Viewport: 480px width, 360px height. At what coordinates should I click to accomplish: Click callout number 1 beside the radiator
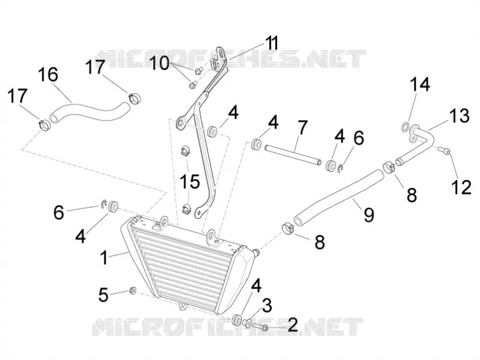104,258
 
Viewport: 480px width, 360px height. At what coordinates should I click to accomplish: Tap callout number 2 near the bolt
292,325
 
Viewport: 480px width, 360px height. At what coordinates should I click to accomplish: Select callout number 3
267,305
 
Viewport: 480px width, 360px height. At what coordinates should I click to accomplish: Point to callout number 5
103,295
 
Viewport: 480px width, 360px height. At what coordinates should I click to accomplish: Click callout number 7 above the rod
302,128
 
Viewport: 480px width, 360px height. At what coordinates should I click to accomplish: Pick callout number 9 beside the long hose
369,214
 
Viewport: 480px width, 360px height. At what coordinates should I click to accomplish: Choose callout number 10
159,64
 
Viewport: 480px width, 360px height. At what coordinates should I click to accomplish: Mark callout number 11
272,43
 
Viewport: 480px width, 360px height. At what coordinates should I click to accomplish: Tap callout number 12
461,187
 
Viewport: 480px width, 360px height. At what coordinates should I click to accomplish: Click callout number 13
459,116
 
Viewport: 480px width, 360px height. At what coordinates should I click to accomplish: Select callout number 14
420,84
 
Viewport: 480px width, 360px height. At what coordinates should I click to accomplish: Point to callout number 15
190,181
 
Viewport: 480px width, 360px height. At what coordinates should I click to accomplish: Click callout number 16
48,74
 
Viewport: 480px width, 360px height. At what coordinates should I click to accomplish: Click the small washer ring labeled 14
406,126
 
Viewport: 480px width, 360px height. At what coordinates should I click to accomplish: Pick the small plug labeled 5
133,290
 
